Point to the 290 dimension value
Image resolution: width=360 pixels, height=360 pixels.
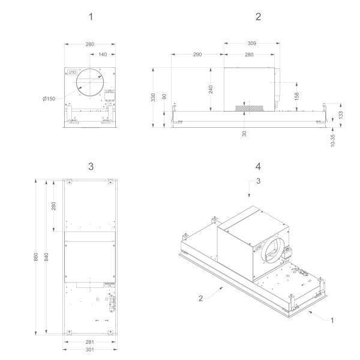point(197,55)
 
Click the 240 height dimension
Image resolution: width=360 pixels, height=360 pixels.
point(211,88)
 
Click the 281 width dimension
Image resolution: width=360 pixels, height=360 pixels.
point(90,342)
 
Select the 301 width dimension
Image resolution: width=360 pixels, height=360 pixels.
point(90,350)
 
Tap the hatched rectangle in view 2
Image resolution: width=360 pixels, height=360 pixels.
point(249,109)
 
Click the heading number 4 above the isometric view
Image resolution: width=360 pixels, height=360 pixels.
point(258,165)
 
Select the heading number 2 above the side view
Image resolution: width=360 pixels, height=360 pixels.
point(258,17)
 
